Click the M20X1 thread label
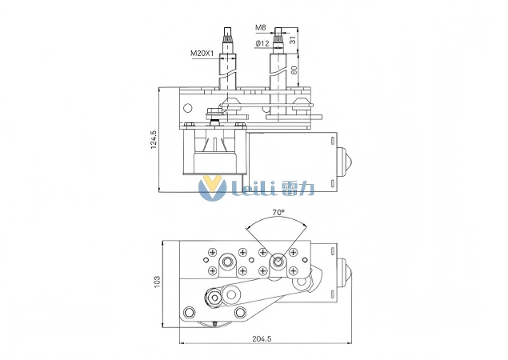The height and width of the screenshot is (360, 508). pos(202,54)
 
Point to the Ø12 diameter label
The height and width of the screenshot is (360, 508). pos(262,43)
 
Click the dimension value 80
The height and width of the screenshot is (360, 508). pos(294,70)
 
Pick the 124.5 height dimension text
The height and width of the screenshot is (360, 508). pos(154,140)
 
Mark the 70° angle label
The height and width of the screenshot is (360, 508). pos(278,213)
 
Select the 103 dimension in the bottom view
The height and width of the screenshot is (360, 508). pos(158,282)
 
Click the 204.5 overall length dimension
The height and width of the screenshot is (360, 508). pos(262,339)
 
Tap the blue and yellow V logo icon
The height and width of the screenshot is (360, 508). pos(211,188)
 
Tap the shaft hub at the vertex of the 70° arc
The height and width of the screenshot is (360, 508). pos(278,260)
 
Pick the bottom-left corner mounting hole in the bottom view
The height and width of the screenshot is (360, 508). pos(190,311)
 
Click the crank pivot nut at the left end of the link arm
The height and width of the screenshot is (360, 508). pos(214,298)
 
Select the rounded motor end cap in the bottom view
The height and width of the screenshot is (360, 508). pos(346,272)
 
